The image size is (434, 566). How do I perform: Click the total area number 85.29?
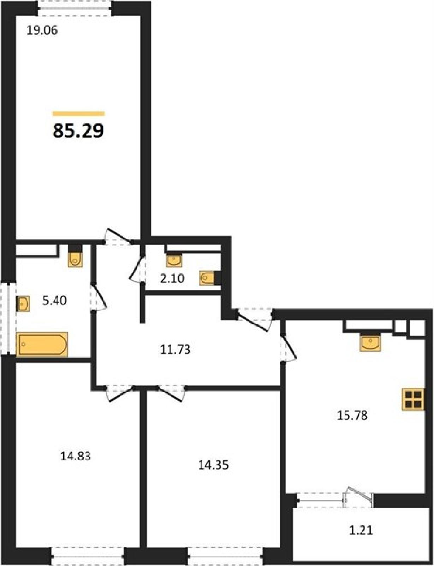click(78, 131)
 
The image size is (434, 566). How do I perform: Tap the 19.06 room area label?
click(42, 31)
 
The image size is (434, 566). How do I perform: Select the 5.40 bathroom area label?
click(55, 301)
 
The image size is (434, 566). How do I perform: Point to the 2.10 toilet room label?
click(172, 279)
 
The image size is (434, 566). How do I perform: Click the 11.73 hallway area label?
click(175, 350)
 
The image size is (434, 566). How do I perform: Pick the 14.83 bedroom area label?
click(76, 456)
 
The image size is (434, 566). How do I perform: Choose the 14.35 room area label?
click(213, 465)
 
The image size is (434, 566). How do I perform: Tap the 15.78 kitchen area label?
click(352, 416)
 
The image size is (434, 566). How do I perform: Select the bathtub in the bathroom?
click(42, 344)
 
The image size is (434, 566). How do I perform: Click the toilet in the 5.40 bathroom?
click(76, 256)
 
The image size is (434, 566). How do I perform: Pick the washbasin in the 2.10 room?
click(174, 260)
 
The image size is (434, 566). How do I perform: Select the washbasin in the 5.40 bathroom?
click(23, 304)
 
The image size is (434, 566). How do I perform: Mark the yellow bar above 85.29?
click(78, 114)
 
